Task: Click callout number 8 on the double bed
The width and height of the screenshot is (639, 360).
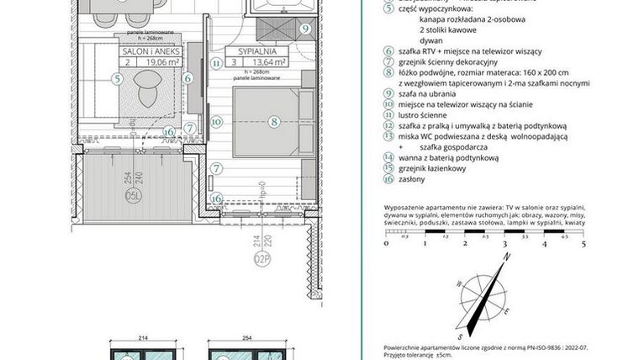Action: click(273, 121)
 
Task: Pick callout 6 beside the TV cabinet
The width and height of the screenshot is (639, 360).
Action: click(188, 78)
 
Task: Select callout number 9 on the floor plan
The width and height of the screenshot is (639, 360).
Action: click(305, 28)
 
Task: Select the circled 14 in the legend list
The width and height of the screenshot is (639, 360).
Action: click(388, 156)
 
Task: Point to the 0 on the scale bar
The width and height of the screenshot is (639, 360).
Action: click(385, 246)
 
